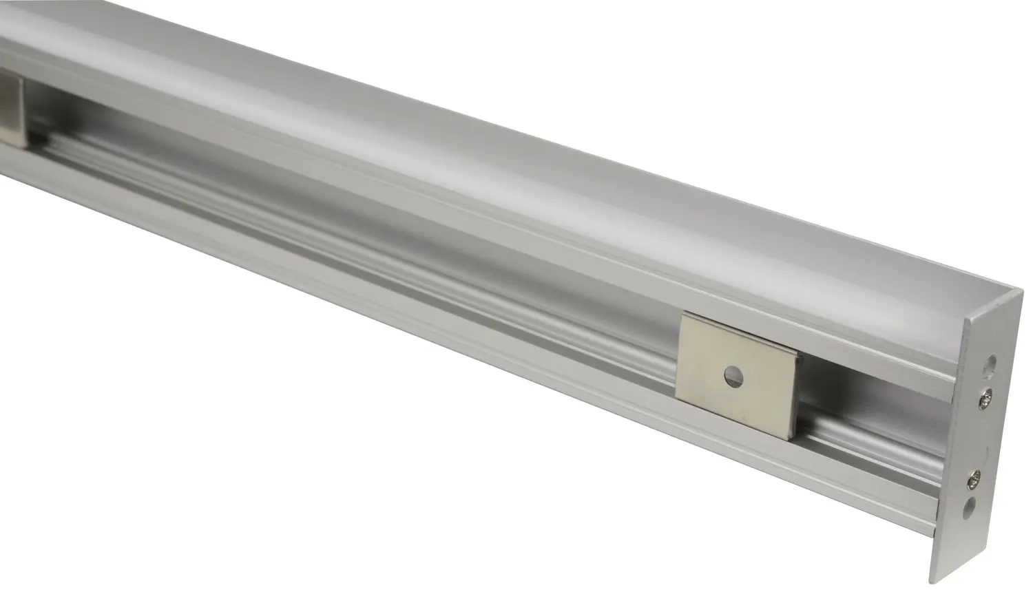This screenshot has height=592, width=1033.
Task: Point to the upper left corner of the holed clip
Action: pyautogui.click(x=682, y=314)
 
